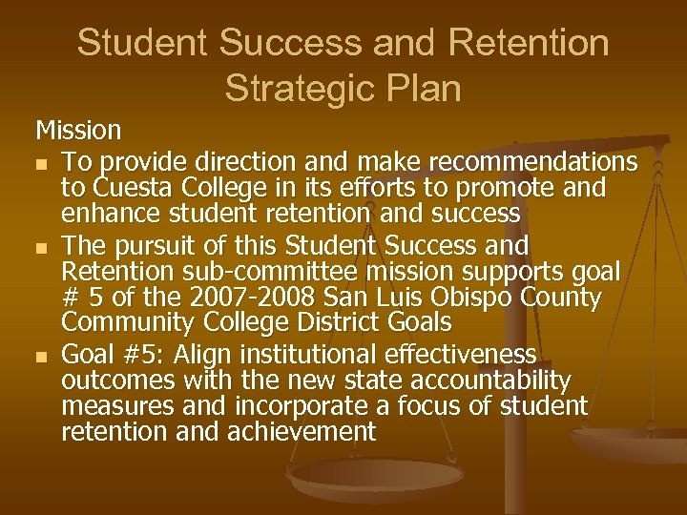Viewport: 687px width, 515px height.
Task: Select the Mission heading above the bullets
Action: click(x=78, y=128)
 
